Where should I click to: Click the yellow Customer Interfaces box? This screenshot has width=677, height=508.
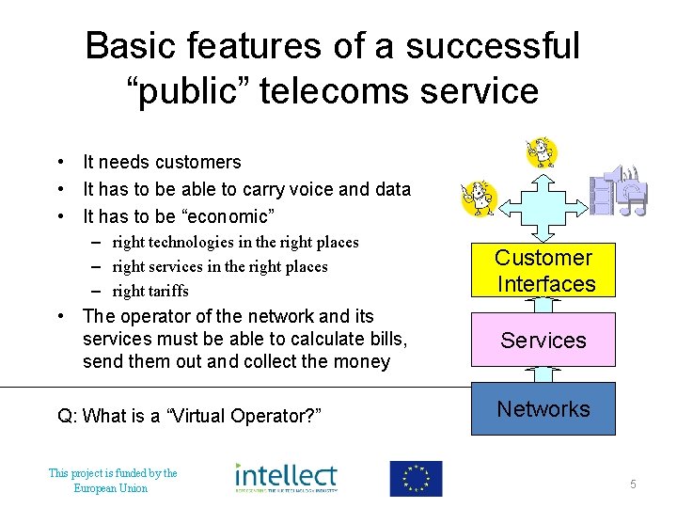[543, 271]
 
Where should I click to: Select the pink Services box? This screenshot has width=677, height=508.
[543, 340]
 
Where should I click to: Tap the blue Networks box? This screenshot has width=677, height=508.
[543, 408]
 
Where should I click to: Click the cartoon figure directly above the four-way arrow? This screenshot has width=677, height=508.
[542, 151]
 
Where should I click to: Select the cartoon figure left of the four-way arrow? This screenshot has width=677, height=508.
[478, 197]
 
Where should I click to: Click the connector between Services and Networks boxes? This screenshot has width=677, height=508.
[543, 373]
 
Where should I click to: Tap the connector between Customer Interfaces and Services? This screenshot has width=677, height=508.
[543, 304]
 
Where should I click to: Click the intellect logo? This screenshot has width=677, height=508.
[286, 477]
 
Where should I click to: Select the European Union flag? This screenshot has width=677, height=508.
[416, 478]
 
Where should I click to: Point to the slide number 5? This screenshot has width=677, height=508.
[633, 484]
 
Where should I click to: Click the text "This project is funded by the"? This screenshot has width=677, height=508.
[112, 473]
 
